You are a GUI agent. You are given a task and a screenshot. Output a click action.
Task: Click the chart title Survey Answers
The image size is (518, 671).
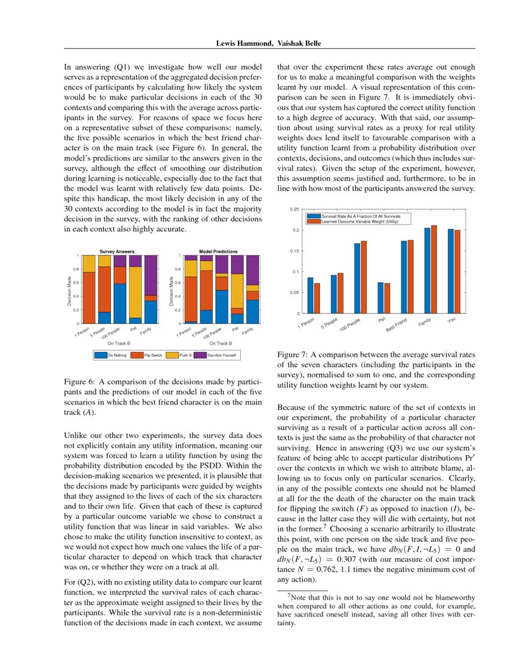(116, 251)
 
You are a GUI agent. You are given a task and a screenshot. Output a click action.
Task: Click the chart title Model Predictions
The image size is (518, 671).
(218, 251)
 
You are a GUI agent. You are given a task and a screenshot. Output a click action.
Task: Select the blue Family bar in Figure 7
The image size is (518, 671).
(427, 270)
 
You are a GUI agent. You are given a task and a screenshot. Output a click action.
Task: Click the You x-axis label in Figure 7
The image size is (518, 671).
(452, 320)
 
